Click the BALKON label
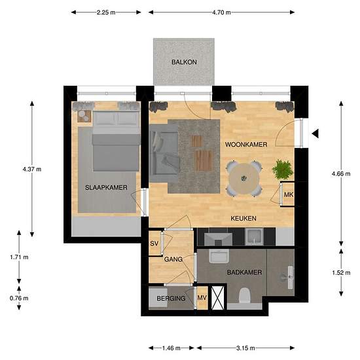184,62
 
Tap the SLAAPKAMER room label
106,188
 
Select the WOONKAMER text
246,145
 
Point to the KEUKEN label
243,218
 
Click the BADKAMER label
244,272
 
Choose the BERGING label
171,298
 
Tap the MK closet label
289,194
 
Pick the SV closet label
154,243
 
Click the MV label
202,298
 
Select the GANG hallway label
173,259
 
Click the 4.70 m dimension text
221,12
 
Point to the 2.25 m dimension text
106,12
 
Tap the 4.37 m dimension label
32,170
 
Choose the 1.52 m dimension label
341,272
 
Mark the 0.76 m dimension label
19,298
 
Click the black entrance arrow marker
315,134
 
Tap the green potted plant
283,170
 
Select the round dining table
245,178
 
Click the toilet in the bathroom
245,295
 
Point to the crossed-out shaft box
217,298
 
